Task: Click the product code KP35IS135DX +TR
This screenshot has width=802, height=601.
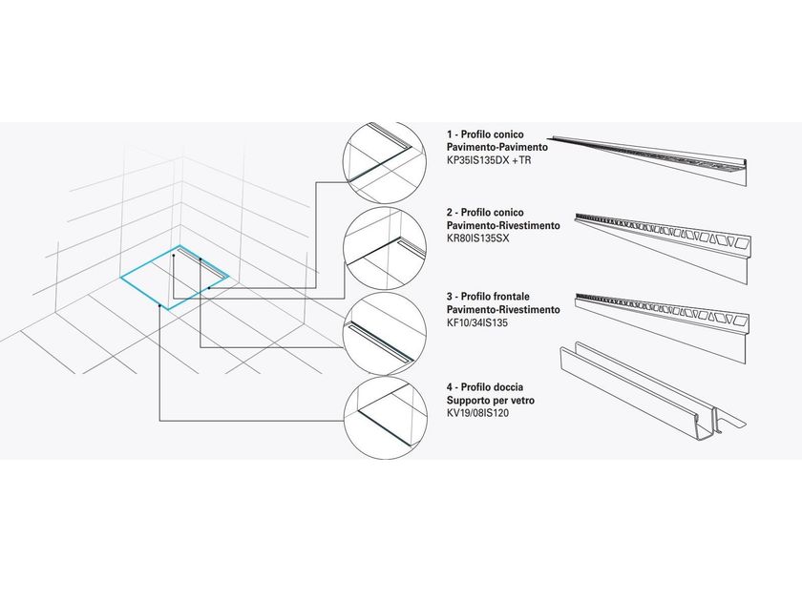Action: (x=489, y=160)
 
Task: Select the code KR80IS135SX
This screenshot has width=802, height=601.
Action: (x=477, y=238)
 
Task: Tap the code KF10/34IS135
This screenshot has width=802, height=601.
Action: (x=477, y=322)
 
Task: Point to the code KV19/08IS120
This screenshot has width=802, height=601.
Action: (x=477, y=413)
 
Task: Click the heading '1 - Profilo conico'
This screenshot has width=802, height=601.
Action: (x=485, y=135)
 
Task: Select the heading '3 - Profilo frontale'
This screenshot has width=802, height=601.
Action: (x=489, y=297)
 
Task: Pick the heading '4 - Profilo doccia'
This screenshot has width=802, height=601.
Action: (x=485, y=387)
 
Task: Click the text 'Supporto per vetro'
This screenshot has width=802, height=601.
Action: (x=491, y=400)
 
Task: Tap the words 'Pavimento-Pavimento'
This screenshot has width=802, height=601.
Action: (x=497, y=147)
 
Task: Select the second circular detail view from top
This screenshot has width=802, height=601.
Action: (x=385, y=248)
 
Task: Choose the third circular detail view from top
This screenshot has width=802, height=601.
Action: (x=385, y=335)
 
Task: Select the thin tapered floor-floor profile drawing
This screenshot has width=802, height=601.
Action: (x=649, y=160)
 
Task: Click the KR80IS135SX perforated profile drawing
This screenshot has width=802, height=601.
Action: (x=663, y=247)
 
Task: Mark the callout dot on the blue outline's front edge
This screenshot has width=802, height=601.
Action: (x=160, y=305)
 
